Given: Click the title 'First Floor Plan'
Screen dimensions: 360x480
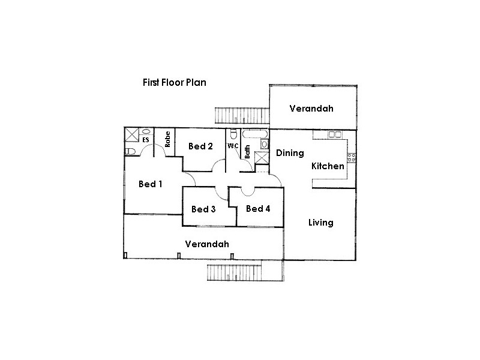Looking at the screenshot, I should pos(174,82).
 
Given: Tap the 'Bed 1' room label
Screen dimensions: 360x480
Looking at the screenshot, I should pos(151,184).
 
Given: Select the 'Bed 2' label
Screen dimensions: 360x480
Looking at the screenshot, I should pos(200,146).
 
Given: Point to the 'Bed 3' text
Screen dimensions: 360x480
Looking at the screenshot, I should pos(203,209).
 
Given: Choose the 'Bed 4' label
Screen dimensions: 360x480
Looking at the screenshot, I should pos(258,209).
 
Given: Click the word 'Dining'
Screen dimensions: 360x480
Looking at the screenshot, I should pos(290,153).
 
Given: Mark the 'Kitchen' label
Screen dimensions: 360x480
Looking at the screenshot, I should pos(328,166).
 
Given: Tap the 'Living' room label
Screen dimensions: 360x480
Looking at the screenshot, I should pos(320,223).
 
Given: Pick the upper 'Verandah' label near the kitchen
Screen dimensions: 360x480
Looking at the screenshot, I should pos(311,109).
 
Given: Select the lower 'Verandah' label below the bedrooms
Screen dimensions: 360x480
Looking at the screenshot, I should pos(207,244).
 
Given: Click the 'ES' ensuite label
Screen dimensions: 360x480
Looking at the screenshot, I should pos(146,140).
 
